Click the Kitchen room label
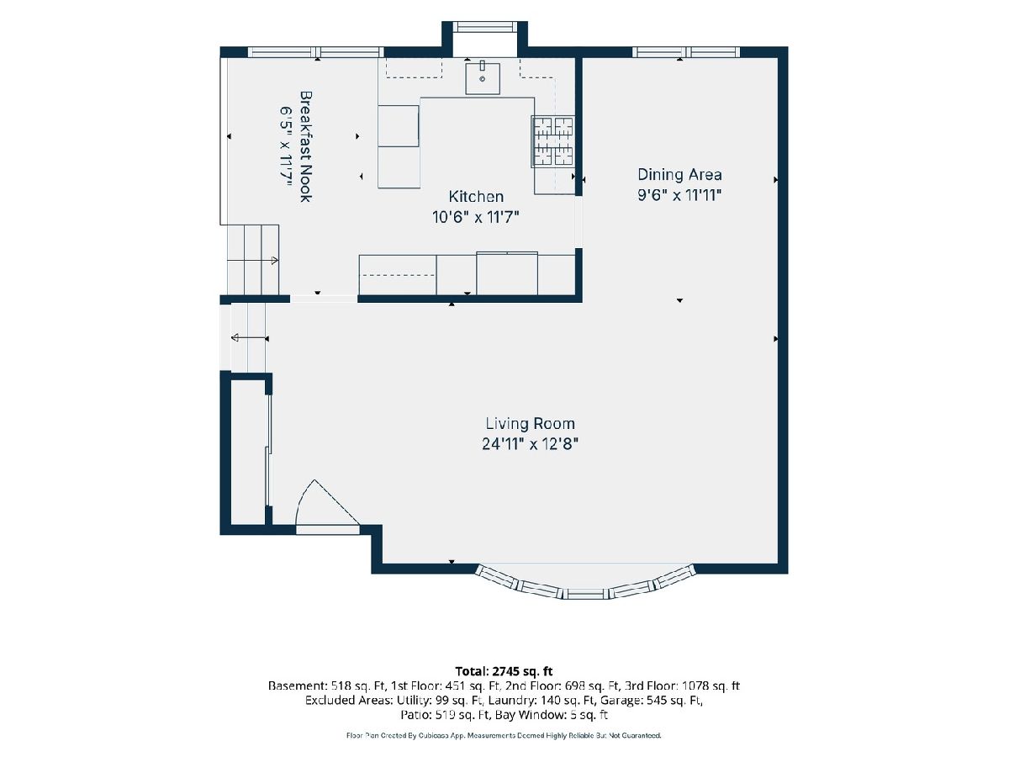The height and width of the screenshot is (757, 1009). pyautogui.click(x=476, y=197)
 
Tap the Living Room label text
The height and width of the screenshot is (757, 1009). pyautogui.click(x=530, y=423)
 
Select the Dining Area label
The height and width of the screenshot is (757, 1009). pyautogui.click(x=679, y=175)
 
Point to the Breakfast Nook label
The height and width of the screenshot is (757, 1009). pyautogui.click(x=306, y=146)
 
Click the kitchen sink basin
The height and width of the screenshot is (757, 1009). pyautogui.click(x=482, y=78)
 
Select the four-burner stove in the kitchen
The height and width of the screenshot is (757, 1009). pyautogui.click(x=553, y=141)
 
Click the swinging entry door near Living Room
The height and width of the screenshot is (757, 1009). pyautogui.click(x=327, y=506)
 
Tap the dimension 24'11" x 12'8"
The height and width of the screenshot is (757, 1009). pyautogui.click(x=530, y=444)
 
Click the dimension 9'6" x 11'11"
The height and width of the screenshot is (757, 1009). pyautogui.click(x=679, y=195)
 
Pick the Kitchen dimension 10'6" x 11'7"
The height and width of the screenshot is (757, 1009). pyautogui.click(x=476, y=217)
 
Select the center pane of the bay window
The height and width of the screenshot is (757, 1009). pyautogui.click(x=585, y=594)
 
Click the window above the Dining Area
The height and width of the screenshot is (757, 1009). pyautogui.click(x=686, y=52)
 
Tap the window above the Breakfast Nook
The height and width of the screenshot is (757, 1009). pyautogui.click(x=315, y=52)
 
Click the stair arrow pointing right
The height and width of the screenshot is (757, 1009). pyautogui.click(x=252, y=261)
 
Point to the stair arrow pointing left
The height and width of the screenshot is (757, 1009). pyautogui.click(x=249, y=338)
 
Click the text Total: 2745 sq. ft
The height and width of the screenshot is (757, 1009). pyautogui.click(x=504, y=671)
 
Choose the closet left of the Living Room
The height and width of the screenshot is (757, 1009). pyautogui.click(x=248, y=452)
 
